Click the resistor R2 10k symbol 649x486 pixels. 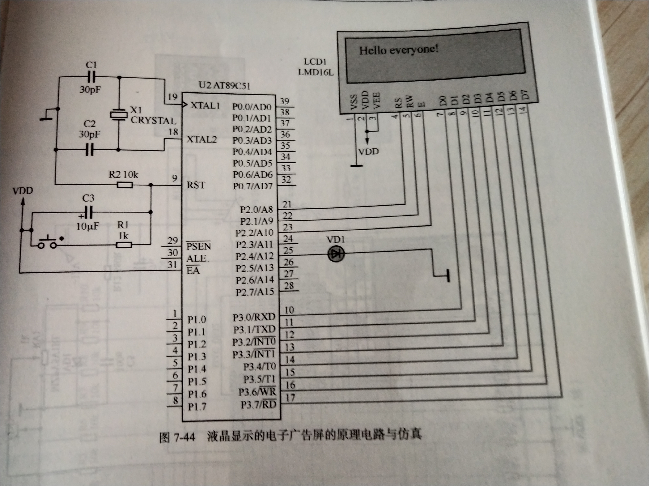tap(125, 185)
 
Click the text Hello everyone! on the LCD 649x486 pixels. tap(399, 50)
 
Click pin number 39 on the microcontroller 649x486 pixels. tap(284, 101)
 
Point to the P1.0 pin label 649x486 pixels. tap(197, 319)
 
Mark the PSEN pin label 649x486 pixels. tap(199, 246)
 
